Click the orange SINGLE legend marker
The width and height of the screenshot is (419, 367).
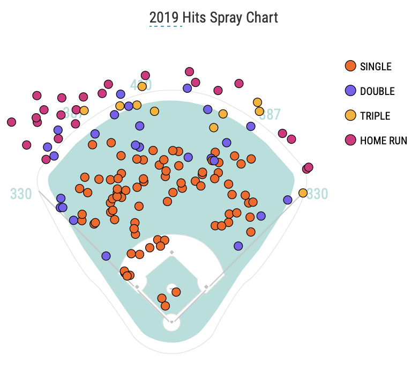tap(350, 66)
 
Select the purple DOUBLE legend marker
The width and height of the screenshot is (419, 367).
tap(350, 91)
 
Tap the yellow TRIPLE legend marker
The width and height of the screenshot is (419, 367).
tap(350, 115)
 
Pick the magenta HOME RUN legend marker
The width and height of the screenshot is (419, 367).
tap(350, 140)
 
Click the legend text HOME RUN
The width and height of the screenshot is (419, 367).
tap(383, 141)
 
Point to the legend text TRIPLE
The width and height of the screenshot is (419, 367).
tap(375, 116)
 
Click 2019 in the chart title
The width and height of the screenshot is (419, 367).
tap(166, 17)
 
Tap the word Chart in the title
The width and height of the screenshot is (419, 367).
tap(262, 17)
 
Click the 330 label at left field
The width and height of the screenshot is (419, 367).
tap(21, 194)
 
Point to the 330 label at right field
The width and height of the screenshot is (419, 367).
tap(317, 194)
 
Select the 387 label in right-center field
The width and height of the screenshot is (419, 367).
tap(270, 114)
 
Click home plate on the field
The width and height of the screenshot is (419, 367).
tap(171, 322)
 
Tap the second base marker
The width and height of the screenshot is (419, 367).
tap(171, 252)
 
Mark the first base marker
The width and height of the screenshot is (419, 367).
tap(206, 287)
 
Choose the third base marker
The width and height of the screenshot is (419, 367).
tap(137, 287)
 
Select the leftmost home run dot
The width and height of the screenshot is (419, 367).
tap(11, 122)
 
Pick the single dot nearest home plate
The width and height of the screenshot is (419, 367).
tap(165, 306)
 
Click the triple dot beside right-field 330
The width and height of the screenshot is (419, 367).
tap(303, 193)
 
